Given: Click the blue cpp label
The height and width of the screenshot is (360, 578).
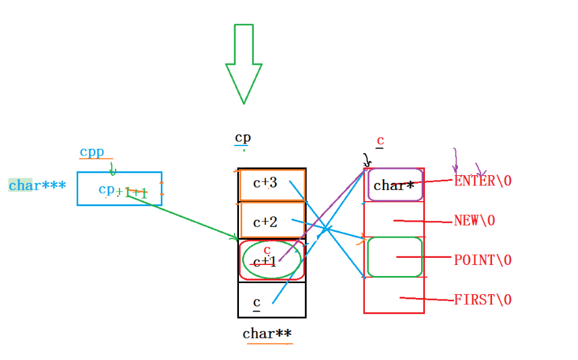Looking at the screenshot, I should [93, 153].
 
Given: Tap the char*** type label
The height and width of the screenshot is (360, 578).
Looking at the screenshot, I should [37, 185].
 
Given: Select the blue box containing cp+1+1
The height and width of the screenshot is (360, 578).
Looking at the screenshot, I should [119, 189].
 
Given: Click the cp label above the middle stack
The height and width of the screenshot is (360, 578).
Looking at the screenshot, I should [243, 138].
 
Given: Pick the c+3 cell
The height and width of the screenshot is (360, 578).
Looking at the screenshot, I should [272, 185].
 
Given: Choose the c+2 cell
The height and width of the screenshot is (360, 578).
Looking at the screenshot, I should [272, 222].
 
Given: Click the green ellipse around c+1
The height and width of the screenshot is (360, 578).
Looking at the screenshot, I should [272, 260].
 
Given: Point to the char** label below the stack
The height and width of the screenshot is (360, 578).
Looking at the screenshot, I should [267, 334].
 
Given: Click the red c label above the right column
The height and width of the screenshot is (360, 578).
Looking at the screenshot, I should [380, 141].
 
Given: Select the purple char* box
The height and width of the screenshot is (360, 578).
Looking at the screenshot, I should [395, 185].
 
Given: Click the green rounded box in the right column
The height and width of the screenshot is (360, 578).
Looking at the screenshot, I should [395, 257].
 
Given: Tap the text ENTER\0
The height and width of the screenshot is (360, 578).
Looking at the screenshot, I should [483, 181].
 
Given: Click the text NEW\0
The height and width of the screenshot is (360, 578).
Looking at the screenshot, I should [475, 220].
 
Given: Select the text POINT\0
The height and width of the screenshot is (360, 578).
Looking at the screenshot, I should [483, 260].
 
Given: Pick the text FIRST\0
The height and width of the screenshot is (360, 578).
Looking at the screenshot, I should [483, 300].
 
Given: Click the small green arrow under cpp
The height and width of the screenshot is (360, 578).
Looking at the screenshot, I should [112, 169].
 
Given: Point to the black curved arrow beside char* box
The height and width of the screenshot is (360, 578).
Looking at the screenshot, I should [367, 160].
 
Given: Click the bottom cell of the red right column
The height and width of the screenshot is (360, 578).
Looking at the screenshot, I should [394, 296].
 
